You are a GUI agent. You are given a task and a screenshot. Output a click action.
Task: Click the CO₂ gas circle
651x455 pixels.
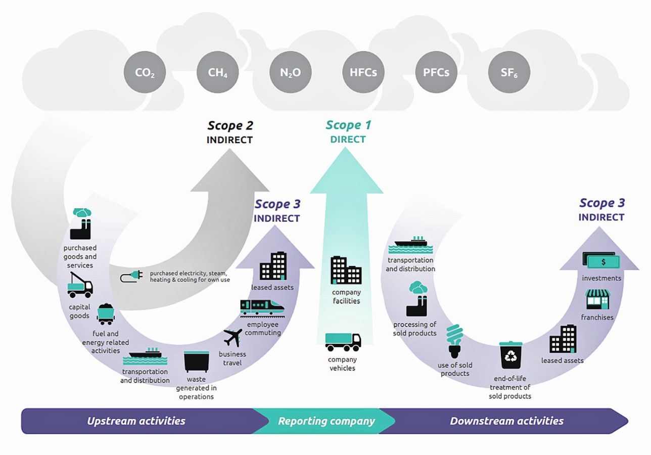click(x=145, y=72)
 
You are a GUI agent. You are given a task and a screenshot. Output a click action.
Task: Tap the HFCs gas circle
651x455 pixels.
click(x=363, y=72)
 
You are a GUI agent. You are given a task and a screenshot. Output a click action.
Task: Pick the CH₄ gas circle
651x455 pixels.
click(x=217, y=72)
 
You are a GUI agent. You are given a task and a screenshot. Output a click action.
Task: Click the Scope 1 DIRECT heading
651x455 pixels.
click(x=348, y=131)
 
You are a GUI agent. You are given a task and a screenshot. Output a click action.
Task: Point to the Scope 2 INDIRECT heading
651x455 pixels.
click(x=230, y=132)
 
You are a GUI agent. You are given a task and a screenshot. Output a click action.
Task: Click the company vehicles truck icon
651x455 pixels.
click(x=343, y=342)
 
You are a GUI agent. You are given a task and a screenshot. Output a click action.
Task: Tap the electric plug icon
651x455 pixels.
click(x=131, y=276)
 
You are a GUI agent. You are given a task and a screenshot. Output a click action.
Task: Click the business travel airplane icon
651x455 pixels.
click(x=233, y=338)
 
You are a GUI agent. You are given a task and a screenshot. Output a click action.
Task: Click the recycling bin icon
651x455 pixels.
click(x=510, y=355)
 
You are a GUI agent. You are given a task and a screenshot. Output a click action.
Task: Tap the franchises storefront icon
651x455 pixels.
click(x=598, y=299)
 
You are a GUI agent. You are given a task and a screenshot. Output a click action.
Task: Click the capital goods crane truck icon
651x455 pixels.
click(x=80, y=285)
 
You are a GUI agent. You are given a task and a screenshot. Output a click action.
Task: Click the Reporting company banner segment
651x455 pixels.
click(x=326, y=421)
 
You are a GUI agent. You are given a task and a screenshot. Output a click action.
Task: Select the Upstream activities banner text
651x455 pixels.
click(x=136, y=421)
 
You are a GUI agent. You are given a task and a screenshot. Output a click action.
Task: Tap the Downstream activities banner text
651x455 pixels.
click(x=506, y=421)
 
